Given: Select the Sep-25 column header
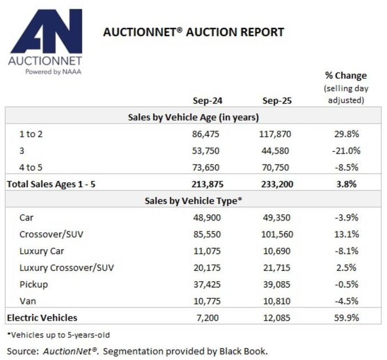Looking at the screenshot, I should (277, 101).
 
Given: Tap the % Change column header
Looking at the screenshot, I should (345, 75).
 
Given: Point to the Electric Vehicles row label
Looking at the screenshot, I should (42, 317).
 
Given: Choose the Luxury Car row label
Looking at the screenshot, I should (42, 250).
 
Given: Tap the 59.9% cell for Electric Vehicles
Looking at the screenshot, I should (345, 317).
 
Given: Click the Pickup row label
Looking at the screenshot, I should (34, 284).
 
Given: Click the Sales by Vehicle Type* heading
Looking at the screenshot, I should (193, 200).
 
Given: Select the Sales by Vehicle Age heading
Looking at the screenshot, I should (193, 117).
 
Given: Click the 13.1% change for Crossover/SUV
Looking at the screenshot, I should (345, 234).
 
